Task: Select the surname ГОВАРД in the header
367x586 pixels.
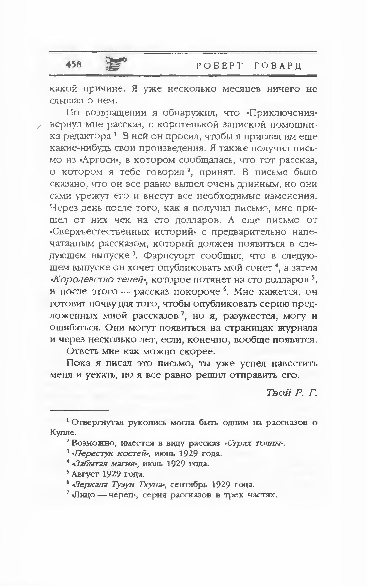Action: coord(278,66)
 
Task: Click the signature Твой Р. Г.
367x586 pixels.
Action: coord(291,393)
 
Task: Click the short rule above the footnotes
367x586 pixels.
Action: coord(80,410)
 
